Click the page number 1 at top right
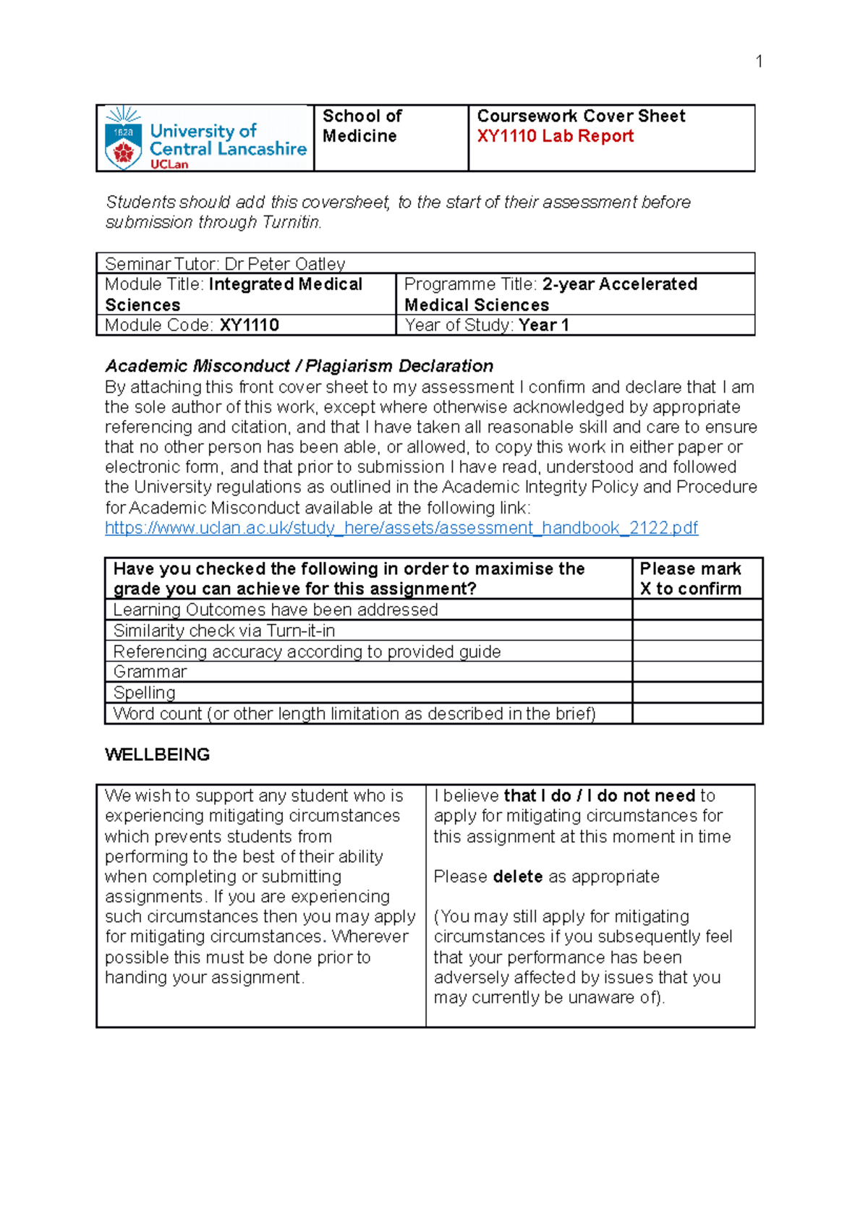(x=759, y=61)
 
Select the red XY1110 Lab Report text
(x=555, y=136)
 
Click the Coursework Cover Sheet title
(x=581, y=116)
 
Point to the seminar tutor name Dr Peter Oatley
(x=284, y=264)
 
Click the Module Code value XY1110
(x=250, y=325)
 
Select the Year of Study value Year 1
(x=544, y=325)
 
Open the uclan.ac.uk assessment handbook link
(x=401, y=528)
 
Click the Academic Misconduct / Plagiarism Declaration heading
(x=299, y=366)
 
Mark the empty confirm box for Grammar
(x=697, y=672)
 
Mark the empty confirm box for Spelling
(x=697, y=693)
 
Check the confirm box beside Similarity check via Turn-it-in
(x=697, y=631)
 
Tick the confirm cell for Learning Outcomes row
(x=697, y=610)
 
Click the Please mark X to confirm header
(x=691, y=579)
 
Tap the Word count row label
(x=354, y=714)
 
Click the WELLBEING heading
(x=157, y=754)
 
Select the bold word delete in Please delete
(x=518, y=877)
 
